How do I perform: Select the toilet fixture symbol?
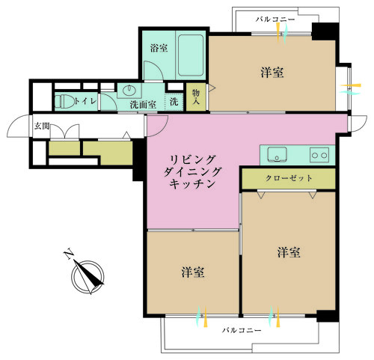click(x=64, y=100)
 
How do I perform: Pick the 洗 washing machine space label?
click(x=174, y=102)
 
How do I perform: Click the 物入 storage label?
click(x=196, y=96)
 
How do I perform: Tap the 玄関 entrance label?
click(x=21, y=126)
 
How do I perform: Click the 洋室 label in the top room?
click(x=272, y=73)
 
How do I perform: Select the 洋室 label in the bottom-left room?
click(x=193, y=272)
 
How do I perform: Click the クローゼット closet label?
click(x=288, y=179)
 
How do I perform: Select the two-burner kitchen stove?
click(x=319, y=155)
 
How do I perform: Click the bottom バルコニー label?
click(x=241, y=330)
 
